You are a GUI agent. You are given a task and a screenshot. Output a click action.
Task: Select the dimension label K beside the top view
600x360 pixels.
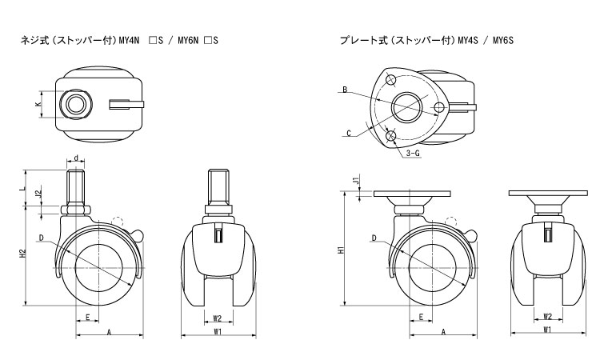click(38, 105)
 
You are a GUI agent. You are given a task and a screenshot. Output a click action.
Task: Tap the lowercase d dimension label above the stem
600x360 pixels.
click(75, 157)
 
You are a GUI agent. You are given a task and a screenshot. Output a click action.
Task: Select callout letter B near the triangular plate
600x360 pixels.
click(344, 90)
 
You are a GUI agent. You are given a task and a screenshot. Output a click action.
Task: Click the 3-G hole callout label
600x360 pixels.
click(413, 153)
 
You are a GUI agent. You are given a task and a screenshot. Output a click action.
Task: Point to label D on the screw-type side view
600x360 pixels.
click(40, 237)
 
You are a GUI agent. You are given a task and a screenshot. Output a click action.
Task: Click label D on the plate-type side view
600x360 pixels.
click(374, 237)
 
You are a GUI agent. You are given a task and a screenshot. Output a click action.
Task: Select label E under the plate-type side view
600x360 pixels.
click(421, 317)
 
